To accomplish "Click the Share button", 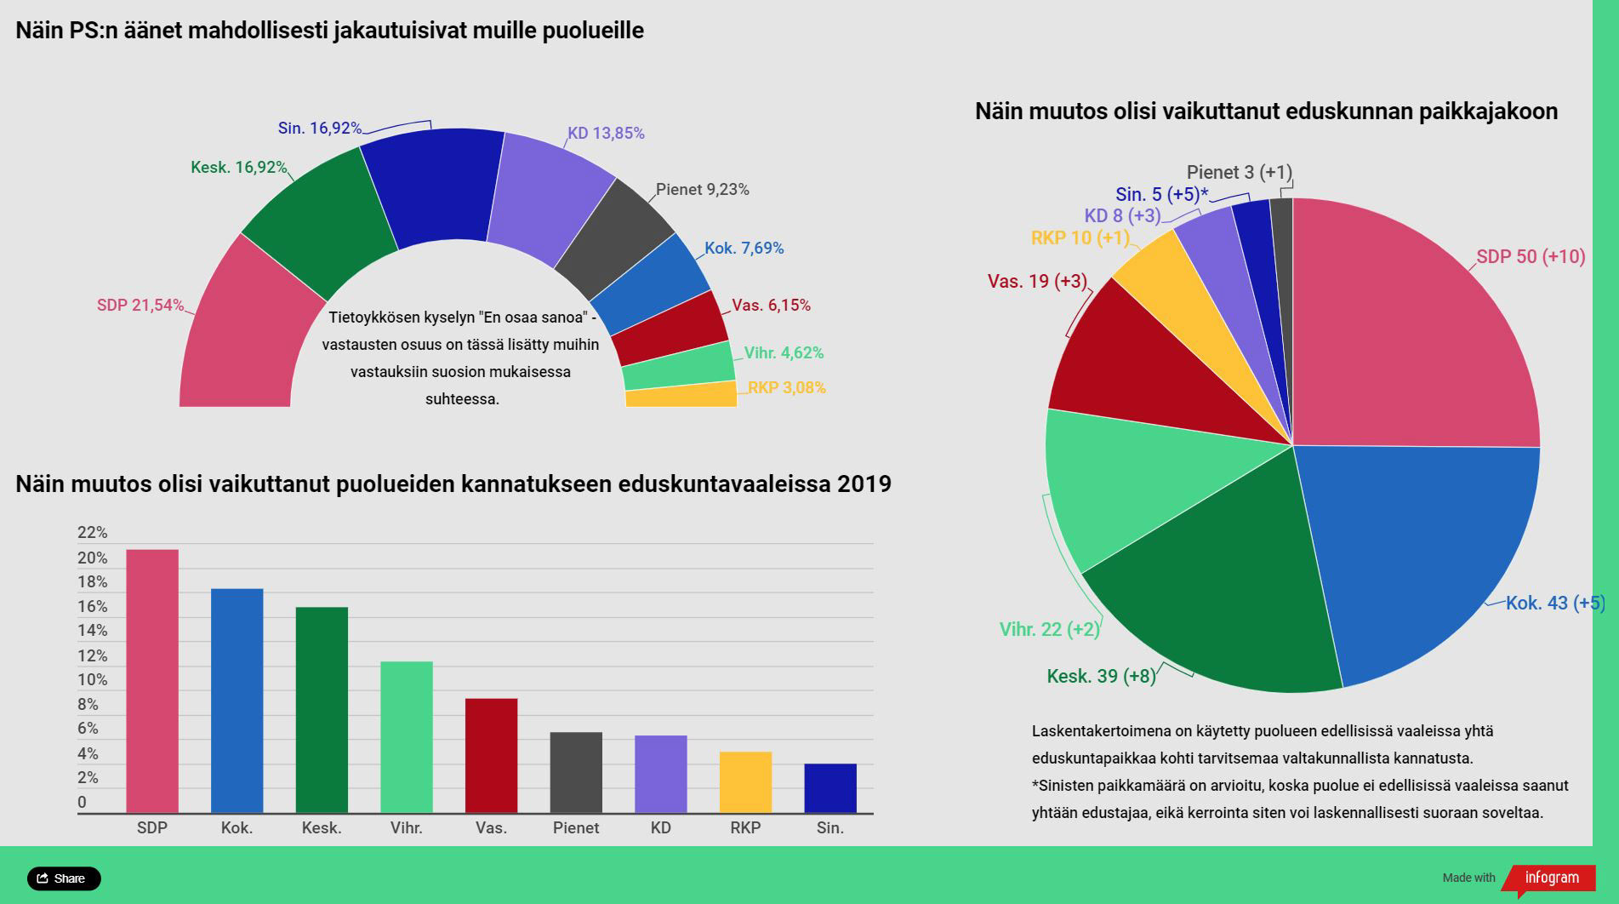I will [64, 878].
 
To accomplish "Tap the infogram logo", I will [1551, 878].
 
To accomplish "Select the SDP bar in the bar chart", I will [152, 681].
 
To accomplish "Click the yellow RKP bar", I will [745, 782].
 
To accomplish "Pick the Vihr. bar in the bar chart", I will [407, 737].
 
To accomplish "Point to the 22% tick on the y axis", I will [92, 533].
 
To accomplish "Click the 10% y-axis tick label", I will [92, 680].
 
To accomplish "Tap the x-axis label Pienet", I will [576, 827].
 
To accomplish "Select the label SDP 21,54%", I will [140, 305].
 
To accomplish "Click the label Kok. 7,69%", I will [744, 249].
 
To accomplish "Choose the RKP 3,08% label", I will [786, 388].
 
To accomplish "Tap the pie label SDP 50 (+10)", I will [1531, 256].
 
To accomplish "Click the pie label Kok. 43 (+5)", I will [1554, 604].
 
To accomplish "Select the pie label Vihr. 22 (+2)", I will [1049, 630].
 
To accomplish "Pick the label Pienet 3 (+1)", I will [1239, 173].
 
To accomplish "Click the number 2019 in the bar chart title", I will [864, 484].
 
